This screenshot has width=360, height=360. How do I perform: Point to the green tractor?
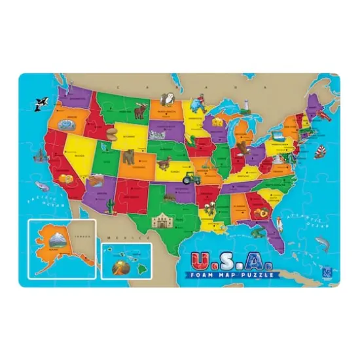click(x=191, y=177)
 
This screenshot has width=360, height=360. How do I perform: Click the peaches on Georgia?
click(x=264, y=213)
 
